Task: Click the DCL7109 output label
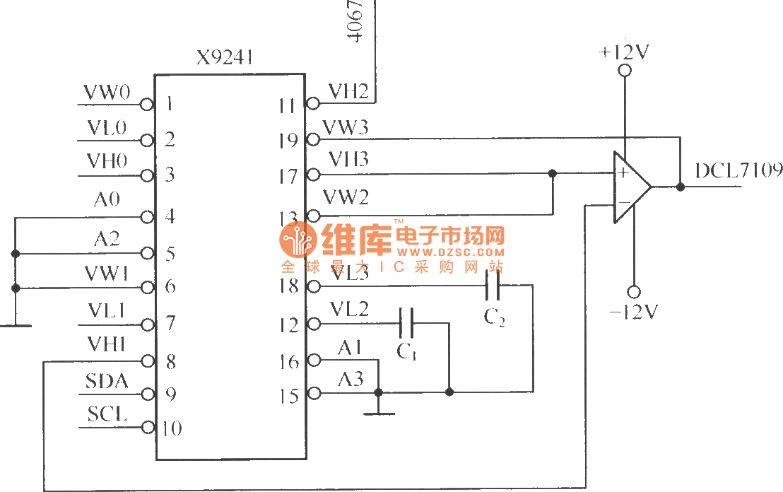pyautogui.click(x=738, y=171)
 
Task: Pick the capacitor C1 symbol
pyautogui.click(x=406, y=324)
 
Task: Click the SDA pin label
pyautogui.click(x=107, y=382)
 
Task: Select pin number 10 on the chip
pyautogui.click(x=172, y=428)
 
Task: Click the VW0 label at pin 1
pyautogui.click(x=107, y=93)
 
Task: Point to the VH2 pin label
pyautogui.click(x=348, y=91)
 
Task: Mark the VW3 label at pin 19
pyautogui.click(x=346, y=128)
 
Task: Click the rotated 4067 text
pyautogui.click(x=355, y=21)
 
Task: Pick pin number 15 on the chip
pyautogui.click(x=288, y=396)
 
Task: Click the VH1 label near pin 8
pyautogui.click(x=107, y=344)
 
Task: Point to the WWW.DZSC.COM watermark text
pyautogui.click(x=450, y=252)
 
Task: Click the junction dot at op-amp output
pyautogui.click(x=680, y=187)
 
